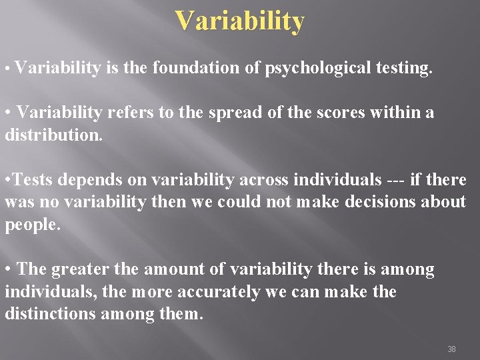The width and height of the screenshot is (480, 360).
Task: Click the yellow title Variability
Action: (240, 21)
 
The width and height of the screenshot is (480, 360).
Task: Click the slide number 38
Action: (451, 349)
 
